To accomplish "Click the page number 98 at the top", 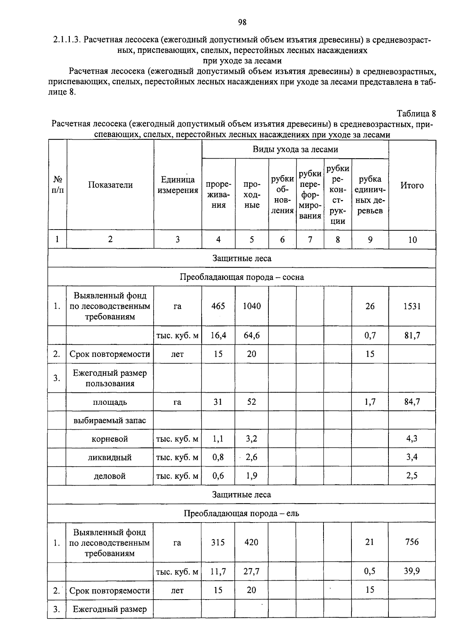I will (242, 22).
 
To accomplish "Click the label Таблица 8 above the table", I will (416, 114).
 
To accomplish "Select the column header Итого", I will (412, 185).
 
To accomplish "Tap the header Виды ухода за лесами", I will (295, 150).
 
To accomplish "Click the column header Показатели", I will (110, 185).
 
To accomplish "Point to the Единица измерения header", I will (178, 185).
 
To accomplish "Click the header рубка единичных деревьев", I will (370, 195).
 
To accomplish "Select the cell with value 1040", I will (252, 306).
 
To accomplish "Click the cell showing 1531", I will (412, 306).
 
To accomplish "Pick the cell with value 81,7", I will (412, 335).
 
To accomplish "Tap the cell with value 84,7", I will (412, 402).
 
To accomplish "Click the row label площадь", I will (110, 402).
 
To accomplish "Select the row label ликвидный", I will (110, 458).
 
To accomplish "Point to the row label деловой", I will (110, 476).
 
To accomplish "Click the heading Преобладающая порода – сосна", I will (242, 277).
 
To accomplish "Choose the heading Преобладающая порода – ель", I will (242, 513).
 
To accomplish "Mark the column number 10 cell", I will (412, 240).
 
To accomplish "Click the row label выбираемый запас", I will (110, 421).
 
